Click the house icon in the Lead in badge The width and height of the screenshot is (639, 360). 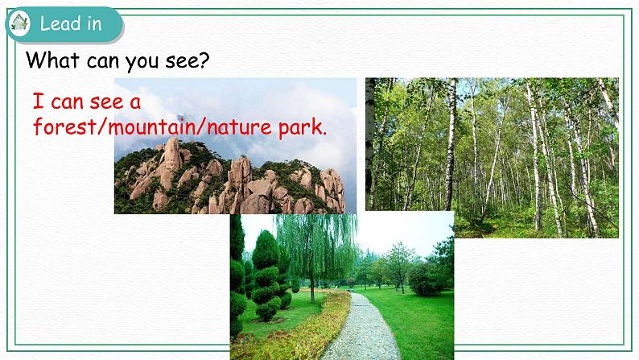(19, 23)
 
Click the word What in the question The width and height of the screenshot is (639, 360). (52, 60)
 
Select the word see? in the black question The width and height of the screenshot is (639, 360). (187, 60)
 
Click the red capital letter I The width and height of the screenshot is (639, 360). (38, 101)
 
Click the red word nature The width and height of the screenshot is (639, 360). (239, 126)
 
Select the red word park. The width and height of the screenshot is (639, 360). (303, 128)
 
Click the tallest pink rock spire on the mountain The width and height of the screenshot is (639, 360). (172, 160)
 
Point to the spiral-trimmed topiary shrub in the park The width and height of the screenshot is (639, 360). (266, 276)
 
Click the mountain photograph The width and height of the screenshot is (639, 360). (235, 146)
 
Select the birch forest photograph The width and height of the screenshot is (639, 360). (492, 158)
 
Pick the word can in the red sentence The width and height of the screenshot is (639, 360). (67, 103)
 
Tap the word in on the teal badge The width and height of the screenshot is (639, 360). (93, 23)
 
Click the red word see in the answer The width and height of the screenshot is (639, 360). (107, 102)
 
